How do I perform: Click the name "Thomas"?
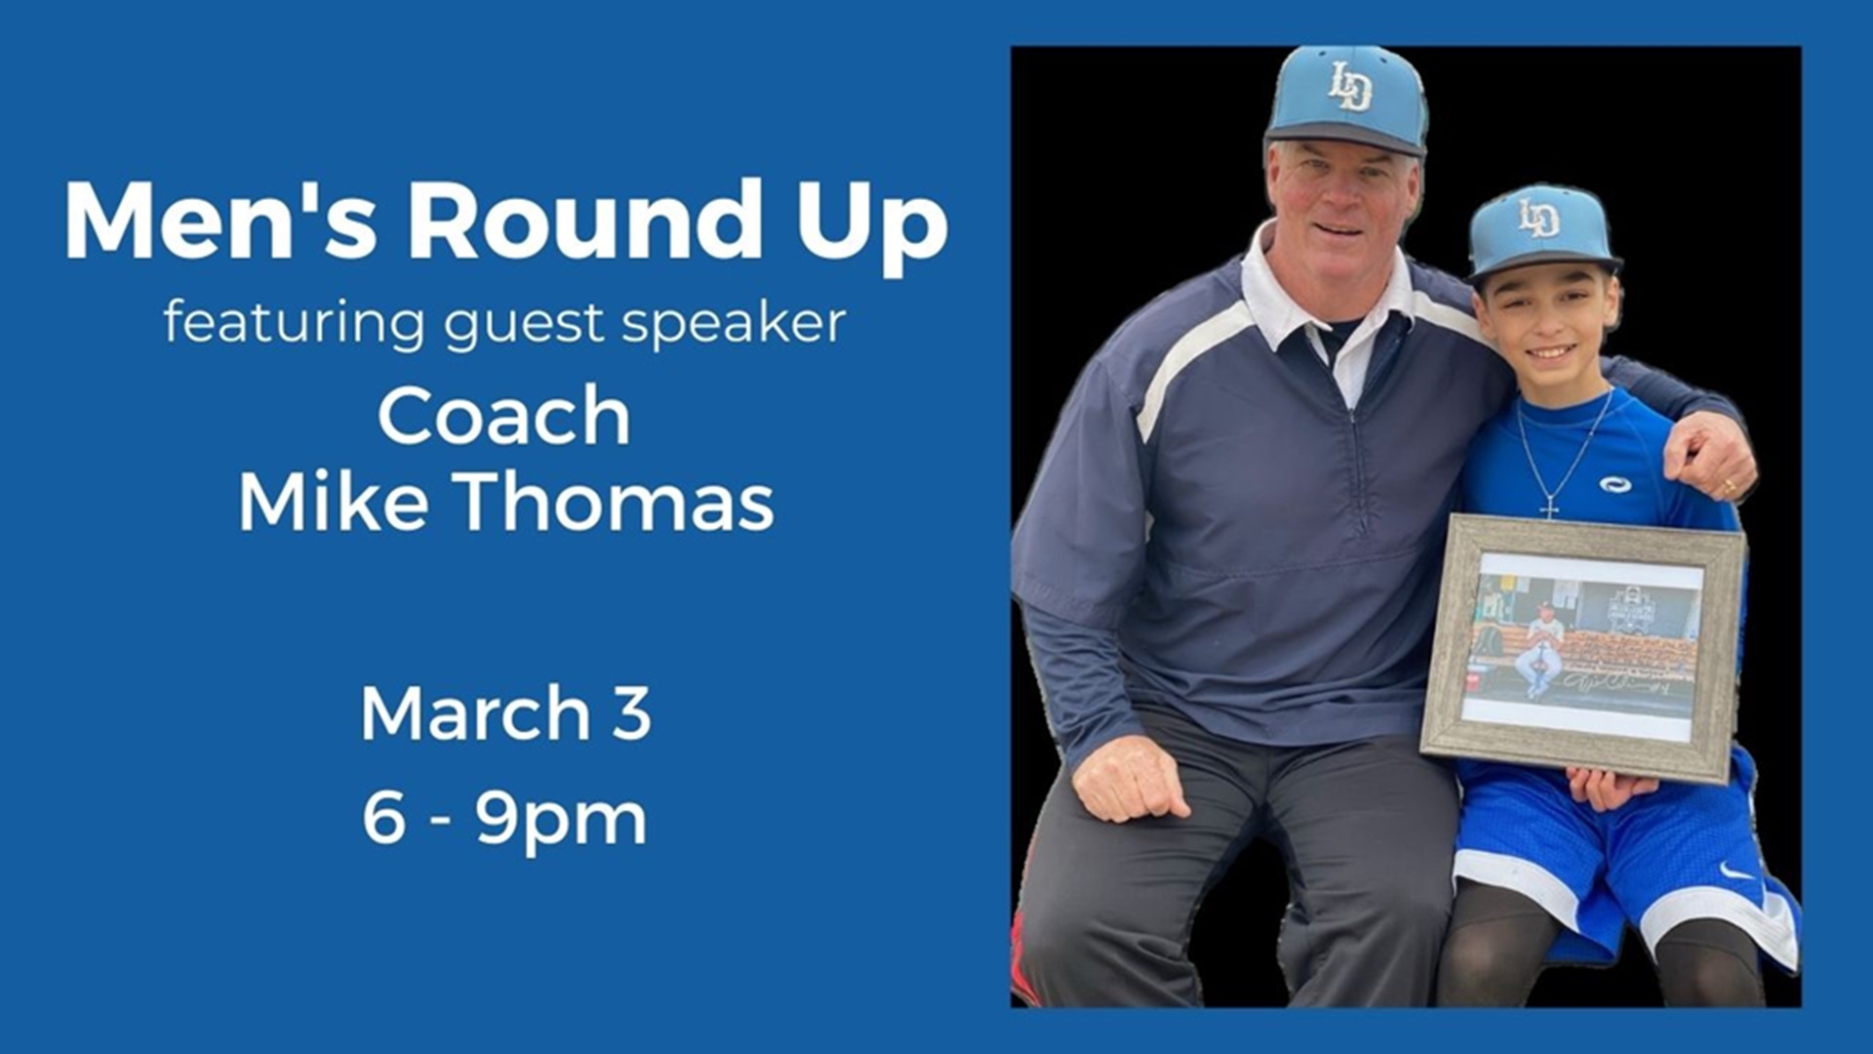pos(616,503)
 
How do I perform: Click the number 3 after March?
pos(632,713)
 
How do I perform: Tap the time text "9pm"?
pos(561,820)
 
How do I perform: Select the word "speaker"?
pos(734,323)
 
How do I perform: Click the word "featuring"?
pos(295,323)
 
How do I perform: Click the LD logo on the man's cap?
pos(1351,87)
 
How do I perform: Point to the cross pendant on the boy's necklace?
pos(1549,507)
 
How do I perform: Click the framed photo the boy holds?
pos(1582,648)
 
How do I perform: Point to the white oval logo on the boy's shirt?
pos(1615,484)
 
